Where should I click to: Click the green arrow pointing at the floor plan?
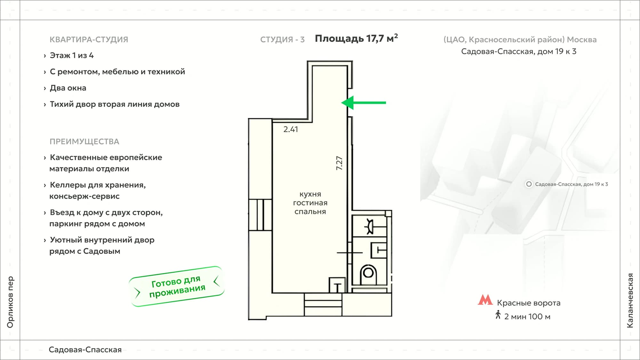(364, 103)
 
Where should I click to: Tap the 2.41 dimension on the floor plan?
(291, 129)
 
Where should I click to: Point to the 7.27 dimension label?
(339, 163)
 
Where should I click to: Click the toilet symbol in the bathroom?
(368, 275)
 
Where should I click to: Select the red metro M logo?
(485, 300)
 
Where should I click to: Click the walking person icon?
(498, 315)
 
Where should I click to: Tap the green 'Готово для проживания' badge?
(177, 286)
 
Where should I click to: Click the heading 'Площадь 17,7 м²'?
(356, 38)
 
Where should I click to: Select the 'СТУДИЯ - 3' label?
(282, 39)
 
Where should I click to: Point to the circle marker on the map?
(529, 184)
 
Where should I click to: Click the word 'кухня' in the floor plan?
(310, 194)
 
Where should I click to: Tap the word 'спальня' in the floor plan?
(310, 212)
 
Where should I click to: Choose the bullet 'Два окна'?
(68, 88)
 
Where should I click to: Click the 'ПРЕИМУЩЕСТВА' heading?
(84, 141)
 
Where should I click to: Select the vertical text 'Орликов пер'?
(10, 302)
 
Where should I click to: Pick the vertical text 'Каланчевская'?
(630, 300)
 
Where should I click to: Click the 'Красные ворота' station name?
(529, 303)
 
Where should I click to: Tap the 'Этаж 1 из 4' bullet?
(72, 55)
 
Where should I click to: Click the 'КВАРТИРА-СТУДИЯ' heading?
(89, 39)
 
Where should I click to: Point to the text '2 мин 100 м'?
(527, 316)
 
